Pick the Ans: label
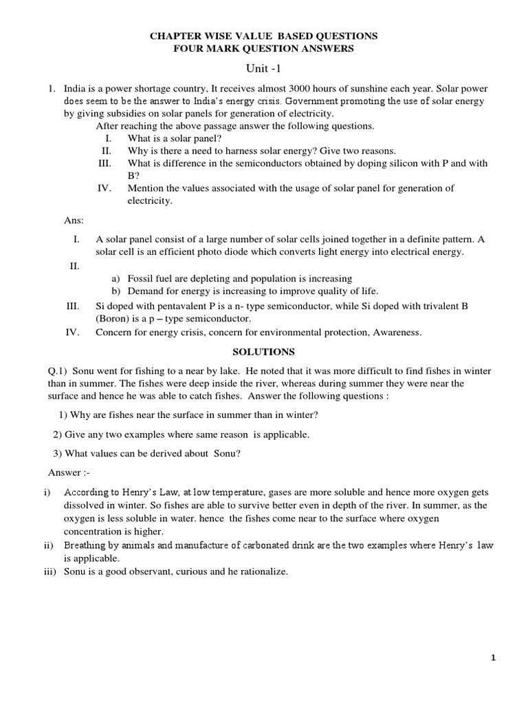(x=74, y=220)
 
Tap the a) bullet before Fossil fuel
(x=115, y=279)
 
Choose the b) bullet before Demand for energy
(x=115, y=291)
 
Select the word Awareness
(x=397, y=333)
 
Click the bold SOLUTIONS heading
(x=263, y=352)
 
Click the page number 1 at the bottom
(x=493, y=658)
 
